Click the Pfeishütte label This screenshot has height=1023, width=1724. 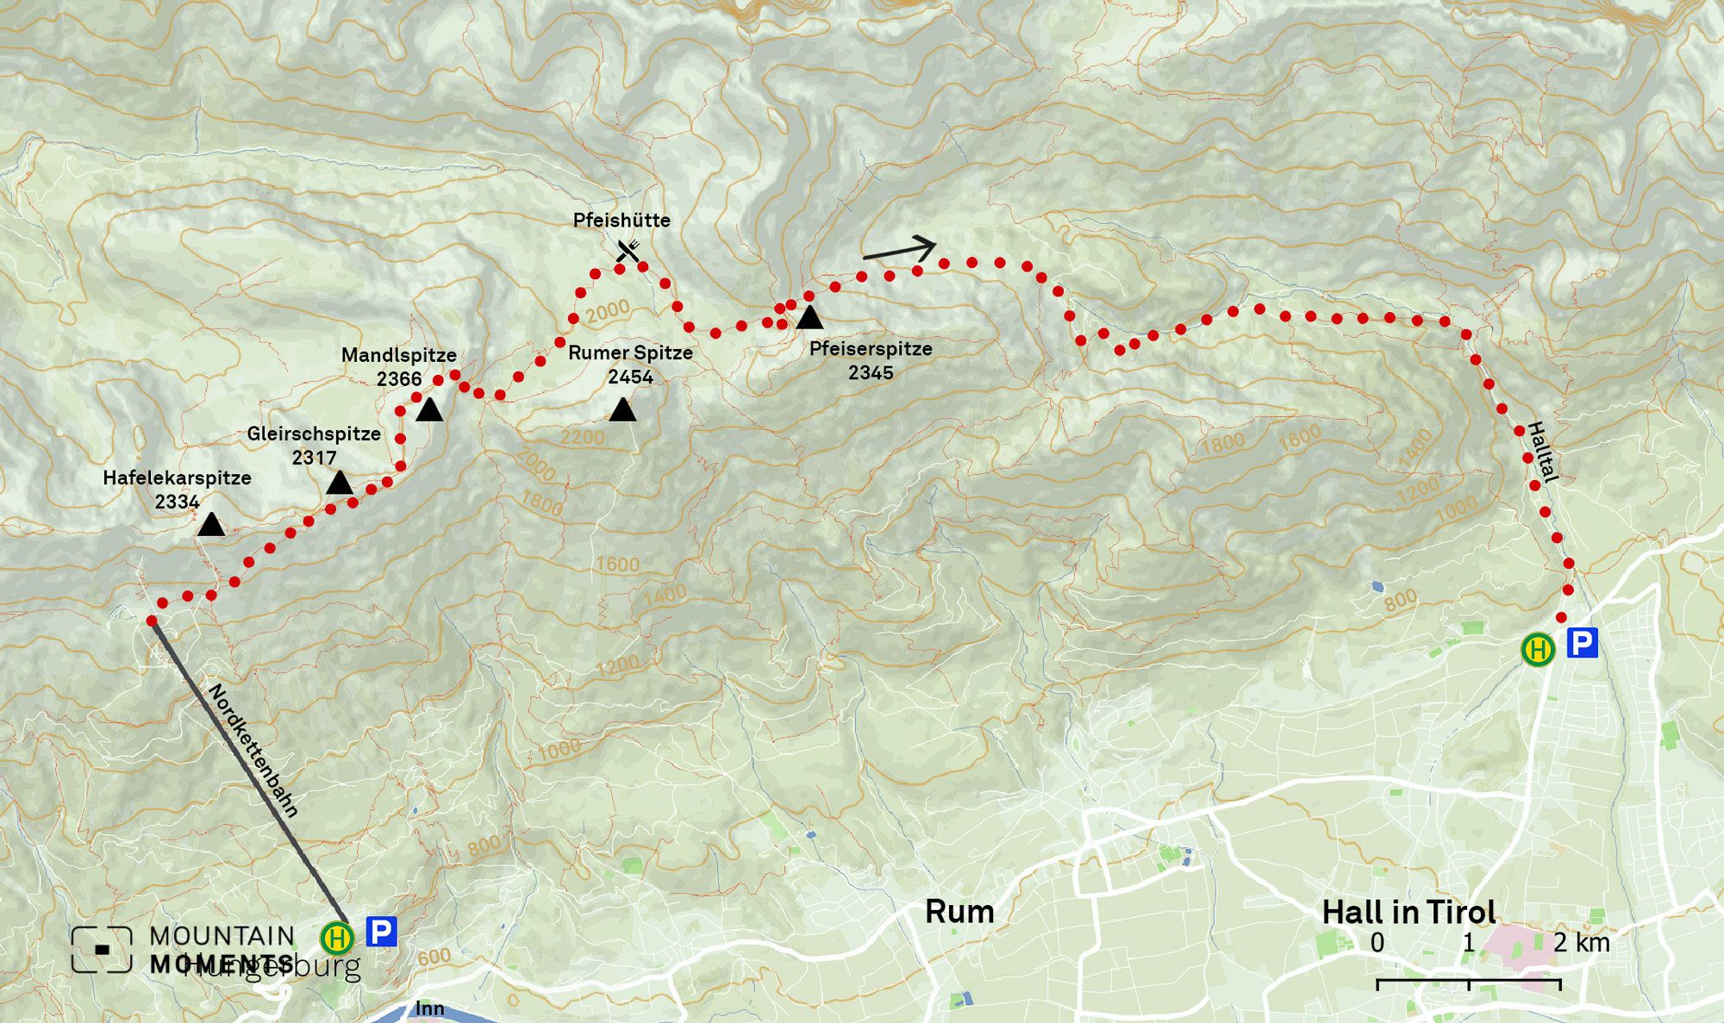[x=622, y=221]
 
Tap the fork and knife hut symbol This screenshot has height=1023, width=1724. [x=628, y=251]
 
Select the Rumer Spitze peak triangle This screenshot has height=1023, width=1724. [x=622, y=410]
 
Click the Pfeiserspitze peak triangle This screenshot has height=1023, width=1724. [x=809, y=318]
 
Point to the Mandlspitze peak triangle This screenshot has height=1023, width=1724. [x=429, y=410]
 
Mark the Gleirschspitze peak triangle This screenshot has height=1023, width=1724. [x=340, y=483]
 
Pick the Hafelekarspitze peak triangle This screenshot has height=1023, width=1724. [x=211, y=525]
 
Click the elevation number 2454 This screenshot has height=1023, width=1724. [x=630, y=377]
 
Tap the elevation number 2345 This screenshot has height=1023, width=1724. [x=871, y=372]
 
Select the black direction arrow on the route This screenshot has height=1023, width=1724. [x=900, y=249]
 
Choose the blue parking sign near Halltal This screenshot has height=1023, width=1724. [x=1582, y=643]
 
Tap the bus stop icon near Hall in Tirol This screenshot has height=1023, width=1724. [x=1538, y=649]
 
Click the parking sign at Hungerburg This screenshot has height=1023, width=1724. [x=381, y=932]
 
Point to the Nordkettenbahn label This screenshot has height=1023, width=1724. [x=253, y=751]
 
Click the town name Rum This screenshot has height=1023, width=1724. [x=959, y=912]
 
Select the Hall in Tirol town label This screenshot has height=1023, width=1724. [x=1409, y=912]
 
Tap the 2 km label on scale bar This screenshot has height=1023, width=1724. [x=1582, y=943]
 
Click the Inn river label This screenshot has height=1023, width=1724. [x=429, y=1008]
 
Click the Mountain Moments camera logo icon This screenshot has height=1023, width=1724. [x=102, y=950]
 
